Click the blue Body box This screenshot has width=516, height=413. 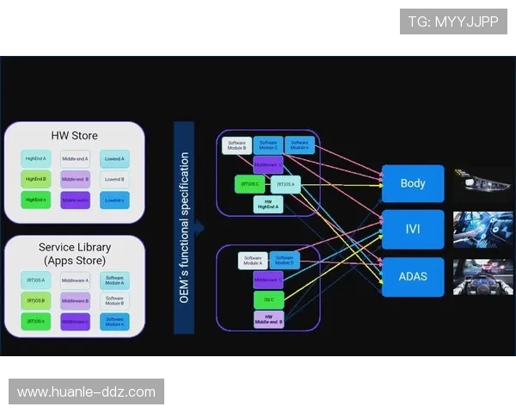(413, 183)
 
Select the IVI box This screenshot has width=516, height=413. (413, 230)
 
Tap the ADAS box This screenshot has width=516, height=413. (413, 277)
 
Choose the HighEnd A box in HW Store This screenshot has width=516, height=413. (36, 159)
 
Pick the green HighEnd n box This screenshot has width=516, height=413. (36, 200)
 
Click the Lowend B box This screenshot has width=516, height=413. (114, 180)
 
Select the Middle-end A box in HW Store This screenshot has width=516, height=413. (76, 159)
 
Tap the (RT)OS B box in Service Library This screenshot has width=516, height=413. (36, 301)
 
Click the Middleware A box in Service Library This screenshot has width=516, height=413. (76, 280)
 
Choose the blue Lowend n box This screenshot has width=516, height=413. (114, 200)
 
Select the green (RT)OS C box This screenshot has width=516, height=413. (249, 184)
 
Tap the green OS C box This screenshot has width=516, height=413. (268, 299)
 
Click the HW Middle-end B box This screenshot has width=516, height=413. (268, 319)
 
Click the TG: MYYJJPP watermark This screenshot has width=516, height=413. (453, 22)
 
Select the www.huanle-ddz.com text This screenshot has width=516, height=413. (86, 392)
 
